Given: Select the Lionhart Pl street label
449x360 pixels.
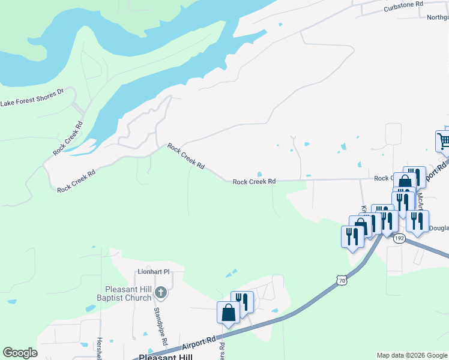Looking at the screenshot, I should (154, 271).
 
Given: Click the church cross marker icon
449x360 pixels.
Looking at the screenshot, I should (160, 293).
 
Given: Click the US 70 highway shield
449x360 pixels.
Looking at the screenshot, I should (342, 280).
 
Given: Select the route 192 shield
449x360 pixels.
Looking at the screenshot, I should (399, 239).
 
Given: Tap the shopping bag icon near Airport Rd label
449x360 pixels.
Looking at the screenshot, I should (228, 313).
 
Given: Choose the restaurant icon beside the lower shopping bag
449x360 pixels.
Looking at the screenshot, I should (243, 302).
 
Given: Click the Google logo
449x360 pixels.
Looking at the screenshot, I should (20, 353).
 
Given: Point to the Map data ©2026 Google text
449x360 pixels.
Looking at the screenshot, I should (411, 355).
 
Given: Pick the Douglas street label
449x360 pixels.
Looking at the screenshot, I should (439, 229).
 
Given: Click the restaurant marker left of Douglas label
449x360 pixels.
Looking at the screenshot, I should (417, 221).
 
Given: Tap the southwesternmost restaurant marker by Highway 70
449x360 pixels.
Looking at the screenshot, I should (352, 236).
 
